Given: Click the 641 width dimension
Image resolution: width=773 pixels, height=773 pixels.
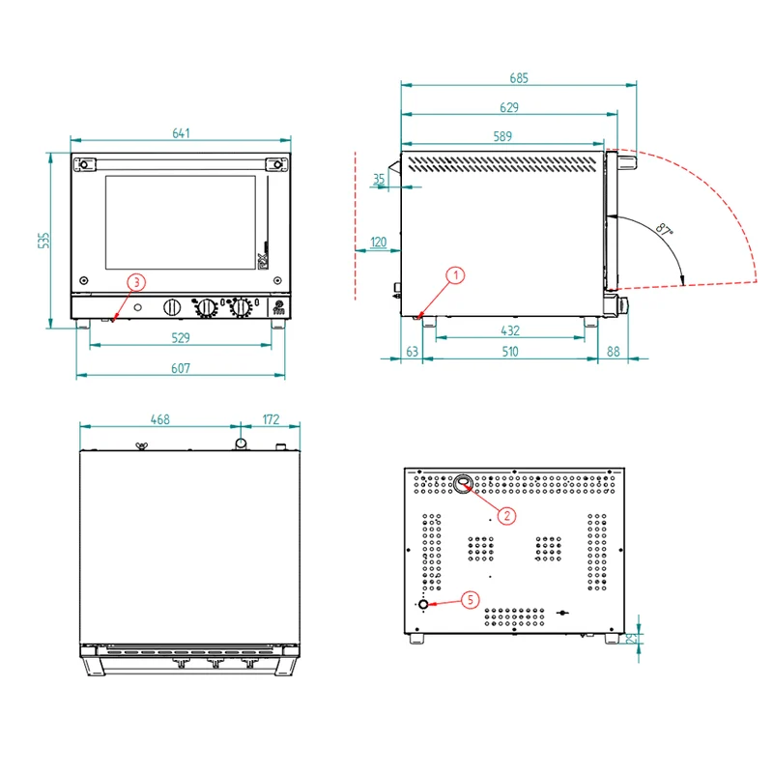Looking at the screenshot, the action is pos(181,133).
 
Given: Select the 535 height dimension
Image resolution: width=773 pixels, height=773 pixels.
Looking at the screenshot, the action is pos(43,241).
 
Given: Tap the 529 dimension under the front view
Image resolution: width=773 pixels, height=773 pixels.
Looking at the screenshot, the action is pos(181,337).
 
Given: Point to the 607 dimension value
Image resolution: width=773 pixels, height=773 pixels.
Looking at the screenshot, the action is pos(181,368).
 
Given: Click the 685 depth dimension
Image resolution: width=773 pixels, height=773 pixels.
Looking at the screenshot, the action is pos(519,78).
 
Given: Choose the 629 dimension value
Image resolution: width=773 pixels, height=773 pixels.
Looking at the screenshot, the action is pos(509,107).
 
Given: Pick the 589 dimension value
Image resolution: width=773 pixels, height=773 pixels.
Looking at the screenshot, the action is pos(502,136).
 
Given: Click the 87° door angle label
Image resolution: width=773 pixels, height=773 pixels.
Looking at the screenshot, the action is pos(665,229).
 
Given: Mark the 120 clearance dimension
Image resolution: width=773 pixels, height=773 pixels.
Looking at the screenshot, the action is pos(378,243).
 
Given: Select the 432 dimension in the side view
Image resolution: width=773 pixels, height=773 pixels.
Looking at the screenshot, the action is pos(510,330).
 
